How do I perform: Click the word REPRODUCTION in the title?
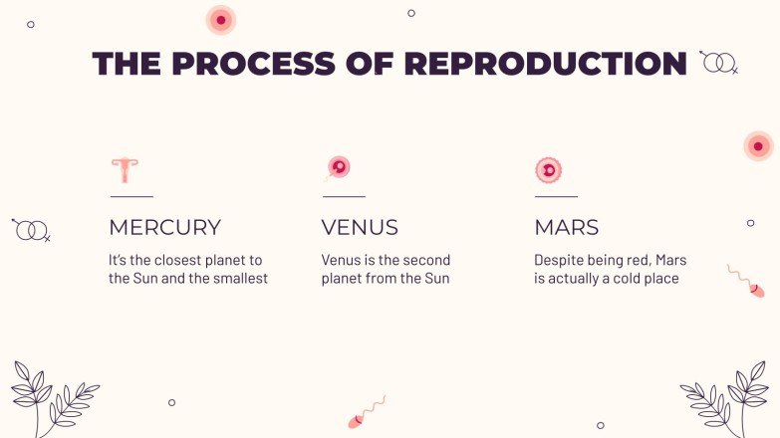[x=545, y=64]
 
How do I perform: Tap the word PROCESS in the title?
[x=252, y=64]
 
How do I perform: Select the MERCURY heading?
[x=164, y=227]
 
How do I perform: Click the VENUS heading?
[x=360, y=227]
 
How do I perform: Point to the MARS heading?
[x=567, y=227]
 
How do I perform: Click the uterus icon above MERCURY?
[x=125, y=170]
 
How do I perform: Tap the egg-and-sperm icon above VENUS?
[x=338, y=168]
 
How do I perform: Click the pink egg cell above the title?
[x=220, y=19]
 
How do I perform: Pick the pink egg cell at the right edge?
[x=758, y=146]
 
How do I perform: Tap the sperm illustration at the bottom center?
[x=366, y=411]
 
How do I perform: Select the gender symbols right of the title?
[x=718, y=63]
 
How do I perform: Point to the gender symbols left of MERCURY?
[x=31, y=230]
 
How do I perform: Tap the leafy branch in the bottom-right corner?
[x=726, y=398]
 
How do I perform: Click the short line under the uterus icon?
[x=130, y=196]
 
